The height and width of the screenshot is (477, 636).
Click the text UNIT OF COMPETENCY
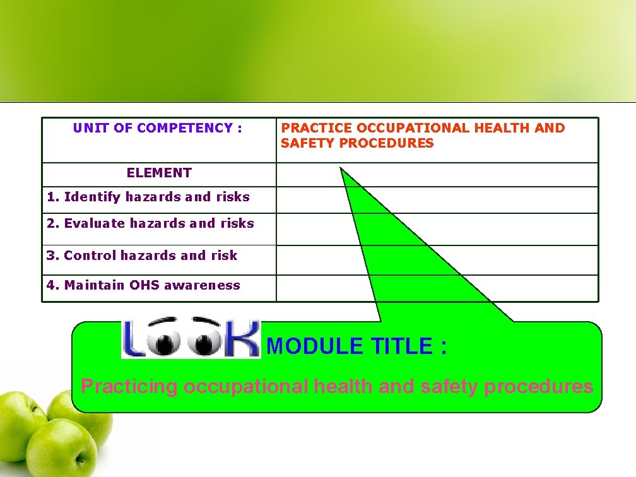pyautogui.click(x=157, y=128)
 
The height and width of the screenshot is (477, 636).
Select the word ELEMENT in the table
pyautogui.click(x=159, y=173)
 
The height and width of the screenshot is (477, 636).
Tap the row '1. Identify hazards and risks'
pyautogui.click(x=148, y=197)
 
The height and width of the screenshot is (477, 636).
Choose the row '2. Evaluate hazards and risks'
pyautogui.click(x=150, y=223)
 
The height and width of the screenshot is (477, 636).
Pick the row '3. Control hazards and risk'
pyautogui.click(x=142, y=256)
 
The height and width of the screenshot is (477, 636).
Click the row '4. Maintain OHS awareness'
pyautogui.click(x=143, y=285)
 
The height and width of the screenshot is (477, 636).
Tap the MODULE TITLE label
pyautogui.click(x=357, y=346)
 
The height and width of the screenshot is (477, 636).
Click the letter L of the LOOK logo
pyautogui.click(x=134, y=339)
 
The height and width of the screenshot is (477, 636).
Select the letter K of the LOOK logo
pyautogui.click(x=243, y=339)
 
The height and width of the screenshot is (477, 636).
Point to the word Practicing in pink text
pyautogui.click(x=129, y=386)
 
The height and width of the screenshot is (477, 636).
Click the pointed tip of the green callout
pyautogui.click(x=341, y=168)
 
